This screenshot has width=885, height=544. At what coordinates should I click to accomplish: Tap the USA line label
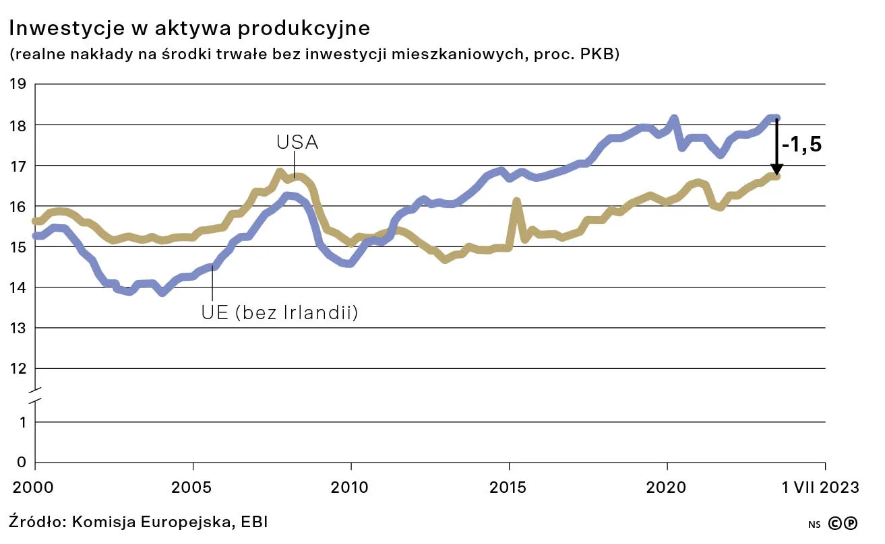point(297,143)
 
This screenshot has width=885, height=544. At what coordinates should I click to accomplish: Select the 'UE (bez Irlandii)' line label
point(279,313)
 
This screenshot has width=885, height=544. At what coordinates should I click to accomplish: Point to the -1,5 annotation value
point(802,145)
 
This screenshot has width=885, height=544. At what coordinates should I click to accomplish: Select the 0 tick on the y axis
point(20,463)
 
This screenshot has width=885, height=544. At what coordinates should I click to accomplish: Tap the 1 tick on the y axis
point(21,423)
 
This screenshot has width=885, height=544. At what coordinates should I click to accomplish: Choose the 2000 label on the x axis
point(34,487)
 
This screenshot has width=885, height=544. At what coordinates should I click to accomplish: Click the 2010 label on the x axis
point(351,487)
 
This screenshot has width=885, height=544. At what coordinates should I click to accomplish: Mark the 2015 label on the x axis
point(509,487)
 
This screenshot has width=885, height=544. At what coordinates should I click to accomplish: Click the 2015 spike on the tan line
point(516,201)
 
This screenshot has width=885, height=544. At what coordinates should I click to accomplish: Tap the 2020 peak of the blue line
point(674,120)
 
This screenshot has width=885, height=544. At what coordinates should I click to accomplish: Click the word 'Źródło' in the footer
point(36,521)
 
